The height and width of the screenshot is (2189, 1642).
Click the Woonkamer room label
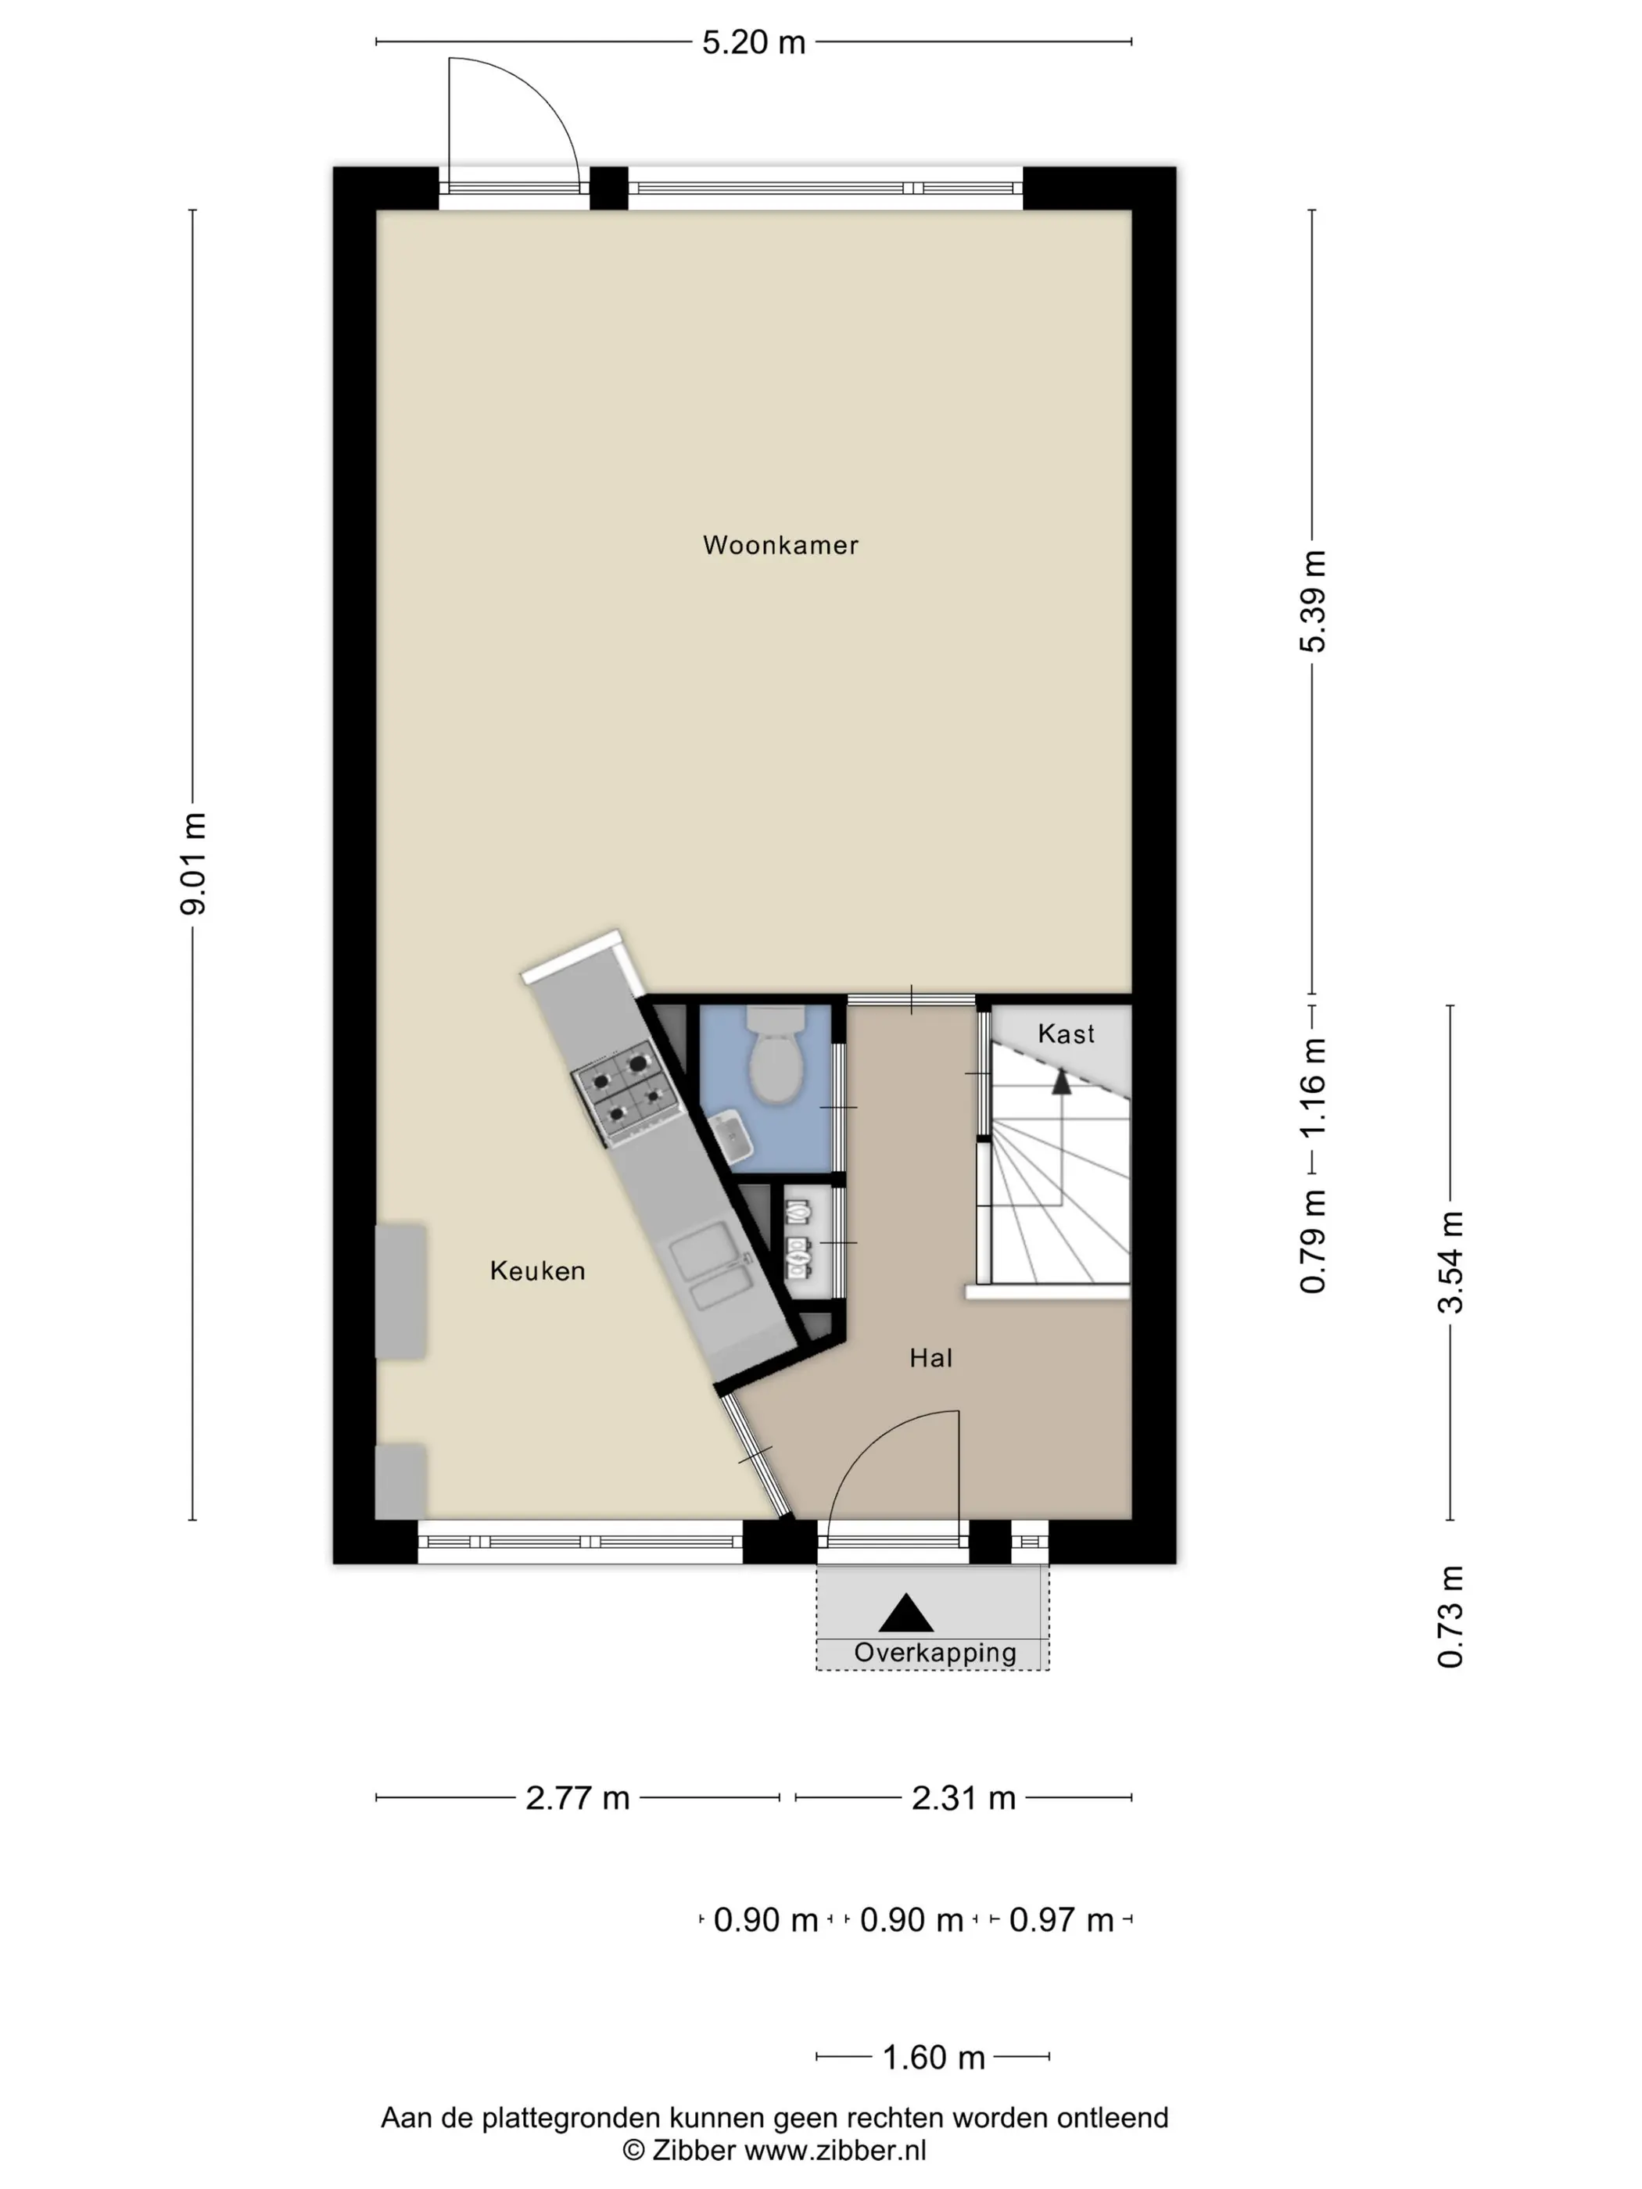tap(780, 545)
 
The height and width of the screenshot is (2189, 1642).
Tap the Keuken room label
tap(537, 1270)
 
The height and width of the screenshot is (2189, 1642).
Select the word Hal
tap(930, 1358)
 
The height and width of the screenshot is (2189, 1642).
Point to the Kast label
tap(1066, 1034)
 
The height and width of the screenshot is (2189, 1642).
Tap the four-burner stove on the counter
tap(623, 1094)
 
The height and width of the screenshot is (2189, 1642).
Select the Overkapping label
tap(935, 1653)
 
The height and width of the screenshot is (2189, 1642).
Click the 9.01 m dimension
tap(193, 864)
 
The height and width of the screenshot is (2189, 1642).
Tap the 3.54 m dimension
tap(1450, 1262)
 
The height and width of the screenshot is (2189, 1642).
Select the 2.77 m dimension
tap(577, 1798)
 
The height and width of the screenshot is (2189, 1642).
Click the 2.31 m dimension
tap(963, 1798)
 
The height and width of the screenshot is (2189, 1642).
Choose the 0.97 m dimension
tap(1061, 1921)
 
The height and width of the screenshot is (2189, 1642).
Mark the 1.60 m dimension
tap(934, 2058)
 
